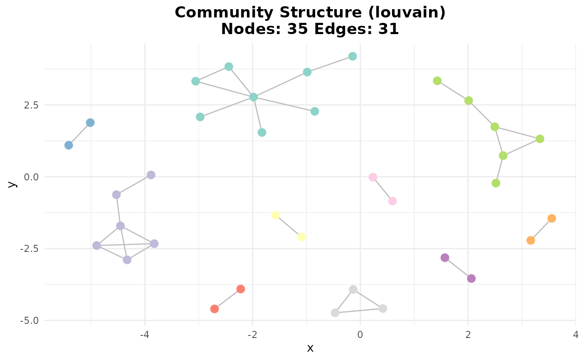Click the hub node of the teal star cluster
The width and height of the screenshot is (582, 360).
pyautogui.click(x=254, y=97)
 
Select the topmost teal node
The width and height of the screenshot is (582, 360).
pyautogui.click(x=353, y=56)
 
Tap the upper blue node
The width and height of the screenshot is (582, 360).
pyautogui.click(x=90, y=123)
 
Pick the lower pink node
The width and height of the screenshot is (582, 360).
pyautogui.click(x=392, y=201)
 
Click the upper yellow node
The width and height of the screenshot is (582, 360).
pyautogui.click(x=276, y=215)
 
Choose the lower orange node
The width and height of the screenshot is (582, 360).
pyautogui.click(x=530, y=240)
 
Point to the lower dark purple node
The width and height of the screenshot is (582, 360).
pyautogui.click(x=471, y=279)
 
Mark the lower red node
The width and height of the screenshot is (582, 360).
pyautogui.click(x=215, y=309)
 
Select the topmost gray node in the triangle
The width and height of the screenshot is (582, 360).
pyautogui.click(x=353, y=289)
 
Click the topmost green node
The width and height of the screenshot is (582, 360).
pyautogui.click(x=437, y=81)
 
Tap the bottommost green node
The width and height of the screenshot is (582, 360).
pyautogui.click(x=496, y=183)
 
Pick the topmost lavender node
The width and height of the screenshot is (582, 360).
pyautogui.click(x=151, y=175)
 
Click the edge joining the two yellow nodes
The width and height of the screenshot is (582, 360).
pyautogui.click(x=289, y=226)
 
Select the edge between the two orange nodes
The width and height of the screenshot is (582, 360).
pyautogui.click(x=541, y=229)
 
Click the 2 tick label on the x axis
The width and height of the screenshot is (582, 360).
pyautogui.click(x=468, y=335)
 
